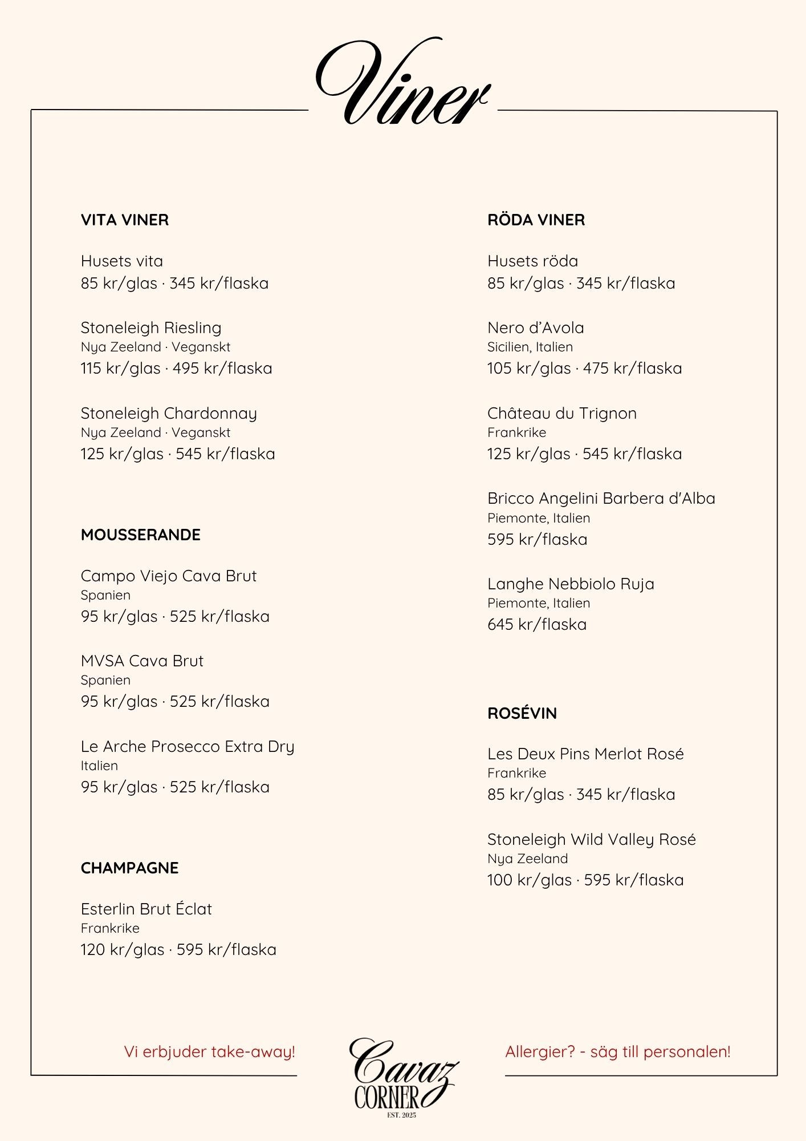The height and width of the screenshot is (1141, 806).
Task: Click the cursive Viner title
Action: (x=402, y=83)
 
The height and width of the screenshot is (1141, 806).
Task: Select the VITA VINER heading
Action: (x=125, y=220)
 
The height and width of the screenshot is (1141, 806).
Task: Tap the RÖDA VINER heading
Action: (x=536, y=220)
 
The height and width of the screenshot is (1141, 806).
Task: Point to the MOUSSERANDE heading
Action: (x=141, y=535)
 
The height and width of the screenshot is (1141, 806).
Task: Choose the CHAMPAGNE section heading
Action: (x=129, y=868)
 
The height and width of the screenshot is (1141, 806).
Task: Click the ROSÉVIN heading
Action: (x=522, y=713)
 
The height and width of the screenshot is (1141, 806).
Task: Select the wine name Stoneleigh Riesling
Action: (x=151, y=328)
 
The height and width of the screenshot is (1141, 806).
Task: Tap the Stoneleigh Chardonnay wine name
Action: (x=169, y=414)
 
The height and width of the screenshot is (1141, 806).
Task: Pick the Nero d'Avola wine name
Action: (x=535, y=328)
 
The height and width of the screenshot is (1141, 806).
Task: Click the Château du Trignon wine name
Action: (x=561, y=414)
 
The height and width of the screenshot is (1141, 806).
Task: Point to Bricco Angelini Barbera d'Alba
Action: (x=601, y=499)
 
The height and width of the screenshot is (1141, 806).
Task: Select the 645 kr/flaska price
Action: (x=536, y=625)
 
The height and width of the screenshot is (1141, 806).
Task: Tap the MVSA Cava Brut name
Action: (x=142, y=661)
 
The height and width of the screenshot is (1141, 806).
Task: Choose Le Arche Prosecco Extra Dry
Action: (x=188, y=747)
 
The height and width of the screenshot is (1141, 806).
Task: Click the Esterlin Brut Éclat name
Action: (x=146, y=909)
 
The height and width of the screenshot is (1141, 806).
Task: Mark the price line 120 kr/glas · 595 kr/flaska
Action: (x=178, y=950)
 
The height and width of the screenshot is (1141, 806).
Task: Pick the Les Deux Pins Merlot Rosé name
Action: (x=585, y=754)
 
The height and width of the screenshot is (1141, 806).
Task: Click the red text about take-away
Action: (x=209, y=1052)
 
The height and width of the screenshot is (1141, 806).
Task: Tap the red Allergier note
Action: (x=617, y=1052)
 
